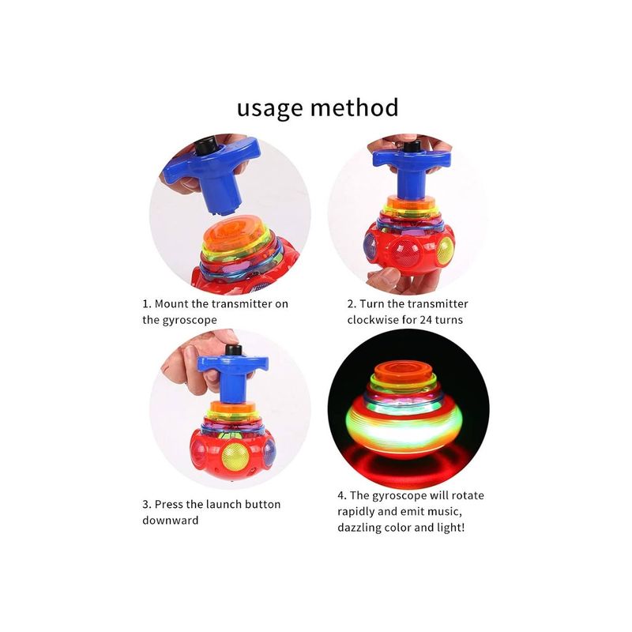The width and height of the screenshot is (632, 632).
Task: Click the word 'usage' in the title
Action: point(269,109)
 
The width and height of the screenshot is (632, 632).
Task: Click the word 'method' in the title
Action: point(354,107)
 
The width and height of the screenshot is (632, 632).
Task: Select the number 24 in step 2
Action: point(426,320)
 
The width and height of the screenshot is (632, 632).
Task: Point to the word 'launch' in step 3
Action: point(224,504)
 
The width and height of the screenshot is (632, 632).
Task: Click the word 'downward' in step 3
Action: point(170,520)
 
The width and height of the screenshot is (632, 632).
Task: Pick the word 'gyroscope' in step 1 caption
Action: point(190,320)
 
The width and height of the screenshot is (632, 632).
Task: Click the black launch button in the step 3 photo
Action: point(233,349)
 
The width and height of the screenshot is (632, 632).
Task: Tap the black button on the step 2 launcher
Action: point(412,146)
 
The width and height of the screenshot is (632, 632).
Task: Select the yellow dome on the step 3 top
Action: point(236,457)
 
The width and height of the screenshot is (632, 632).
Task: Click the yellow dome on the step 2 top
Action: point(445,250)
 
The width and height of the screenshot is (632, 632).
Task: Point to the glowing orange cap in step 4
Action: point(404,370)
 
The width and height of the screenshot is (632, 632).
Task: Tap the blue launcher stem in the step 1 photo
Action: point(222,194)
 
